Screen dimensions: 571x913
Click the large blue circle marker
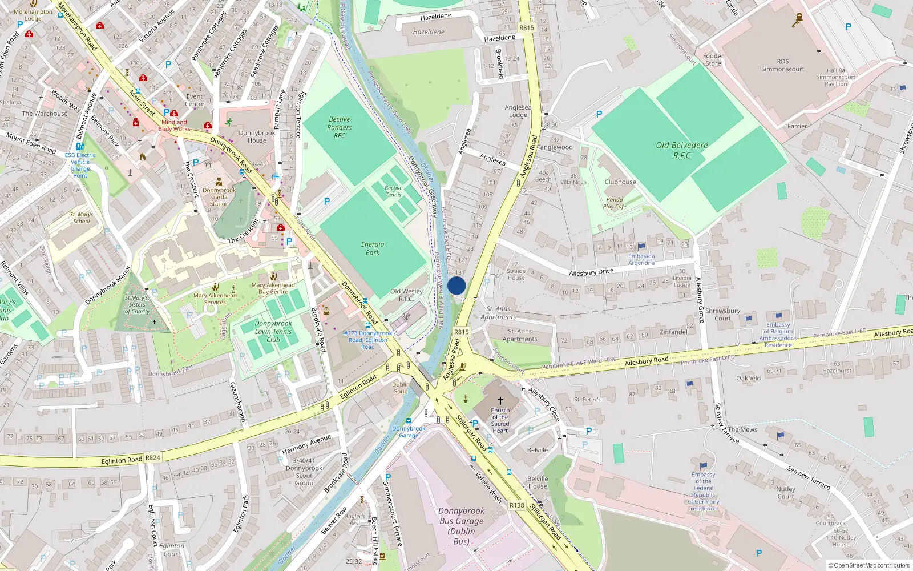pos(457,286)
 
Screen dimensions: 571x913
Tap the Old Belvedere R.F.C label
pos(681,150)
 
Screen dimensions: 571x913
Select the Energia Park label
pos(373,248)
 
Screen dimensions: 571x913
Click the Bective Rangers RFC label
pos(340,127)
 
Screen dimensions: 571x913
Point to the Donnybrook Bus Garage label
pos(462,526)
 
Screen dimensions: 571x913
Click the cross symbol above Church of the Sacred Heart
pos(500,401)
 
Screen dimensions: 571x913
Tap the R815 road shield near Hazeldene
pos(526,27)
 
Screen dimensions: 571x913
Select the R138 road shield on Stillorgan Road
pos(516,505)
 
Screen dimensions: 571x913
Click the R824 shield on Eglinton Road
pos(153,457)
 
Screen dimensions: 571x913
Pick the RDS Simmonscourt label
pos(782,65)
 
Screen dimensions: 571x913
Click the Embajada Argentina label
pos(641,260)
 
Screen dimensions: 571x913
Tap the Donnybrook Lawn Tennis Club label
pos(273,331)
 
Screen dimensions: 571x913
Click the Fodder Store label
pos(713,59)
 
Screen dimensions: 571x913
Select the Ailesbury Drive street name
pos(591,272)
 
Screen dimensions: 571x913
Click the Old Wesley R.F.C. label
pos(406,295)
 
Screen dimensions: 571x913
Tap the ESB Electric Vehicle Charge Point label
pos(80,165)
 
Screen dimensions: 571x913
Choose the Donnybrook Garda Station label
pos(219,197)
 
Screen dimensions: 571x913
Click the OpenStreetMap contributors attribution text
pos(869,565)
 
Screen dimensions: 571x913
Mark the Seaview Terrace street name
pos(809,478)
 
